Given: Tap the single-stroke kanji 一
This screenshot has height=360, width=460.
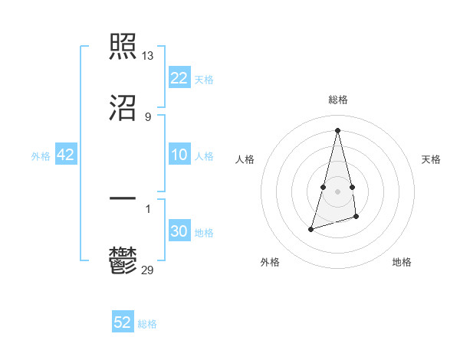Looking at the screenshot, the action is click(x=123, y=198).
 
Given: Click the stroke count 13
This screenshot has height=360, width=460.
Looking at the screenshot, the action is click(x=148, y=56).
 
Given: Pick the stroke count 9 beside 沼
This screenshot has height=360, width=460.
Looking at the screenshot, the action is click(x=148, y=116).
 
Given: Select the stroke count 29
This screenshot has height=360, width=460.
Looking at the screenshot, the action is click(x=148, y=270).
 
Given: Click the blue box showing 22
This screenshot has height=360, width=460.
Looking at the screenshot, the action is click(x=179, y=78).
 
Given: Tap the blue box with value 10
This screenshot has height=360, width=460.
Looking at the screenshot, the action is click(x=179, y=155).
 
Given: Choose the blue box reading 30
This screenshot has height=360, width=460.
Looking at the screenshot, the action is click(x=179, y=232).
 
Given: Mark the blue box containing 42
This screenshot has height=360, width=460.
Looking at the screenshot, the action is click(x=66, y=155).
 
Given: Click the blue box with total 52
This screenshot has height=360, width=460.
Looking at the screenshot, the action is click(x=123, y=322).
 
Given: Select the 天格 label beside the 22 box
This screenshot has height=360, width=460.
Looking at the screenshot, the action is click(x=204, y=80).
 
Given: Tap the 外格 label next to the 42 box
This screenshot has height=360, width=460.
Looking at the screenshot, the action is click(x=41, y=156).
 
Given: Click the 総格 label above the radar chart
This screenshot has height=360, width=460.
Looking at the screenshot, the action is click(x=338, y=100).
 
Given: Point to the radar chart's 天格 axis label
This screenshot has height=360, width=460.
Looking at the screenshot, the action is click(x=432, y=159).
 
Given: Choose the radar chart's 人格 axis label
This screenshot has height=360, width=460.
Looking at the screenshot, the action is click(x=245, y=159).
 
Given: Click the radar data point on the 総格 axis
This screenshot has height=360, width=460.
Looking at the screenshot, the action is click(x=337, y=129).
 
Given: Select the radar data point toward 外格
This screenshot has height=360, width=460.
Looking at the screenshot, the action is click(x=311, y=228).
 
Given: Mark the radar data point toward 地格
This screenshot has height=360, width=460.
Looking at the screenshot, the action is click(x=357, y=218).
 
